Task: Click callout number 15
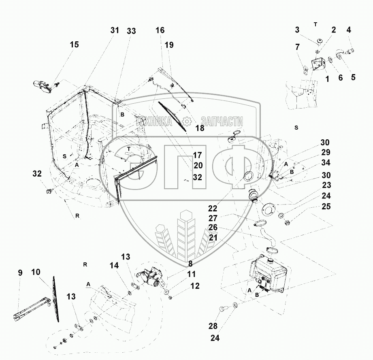pos(74,45)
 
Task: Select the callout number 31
pos(115,30)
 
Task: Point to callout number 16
pos(160,30)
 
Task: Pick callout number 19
pos(169,45)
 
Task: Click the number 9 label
pos(20,273)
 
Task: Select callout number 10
pos(36,273)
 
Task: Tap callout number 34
pos(326,163)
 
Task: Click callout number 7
pos(298,47)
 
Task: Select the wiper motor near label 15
pos(43,86)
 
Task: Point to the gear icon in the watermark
pos(187,121)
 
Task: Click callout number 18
pos(200,128)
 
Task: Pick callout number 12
pos(195,285)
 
